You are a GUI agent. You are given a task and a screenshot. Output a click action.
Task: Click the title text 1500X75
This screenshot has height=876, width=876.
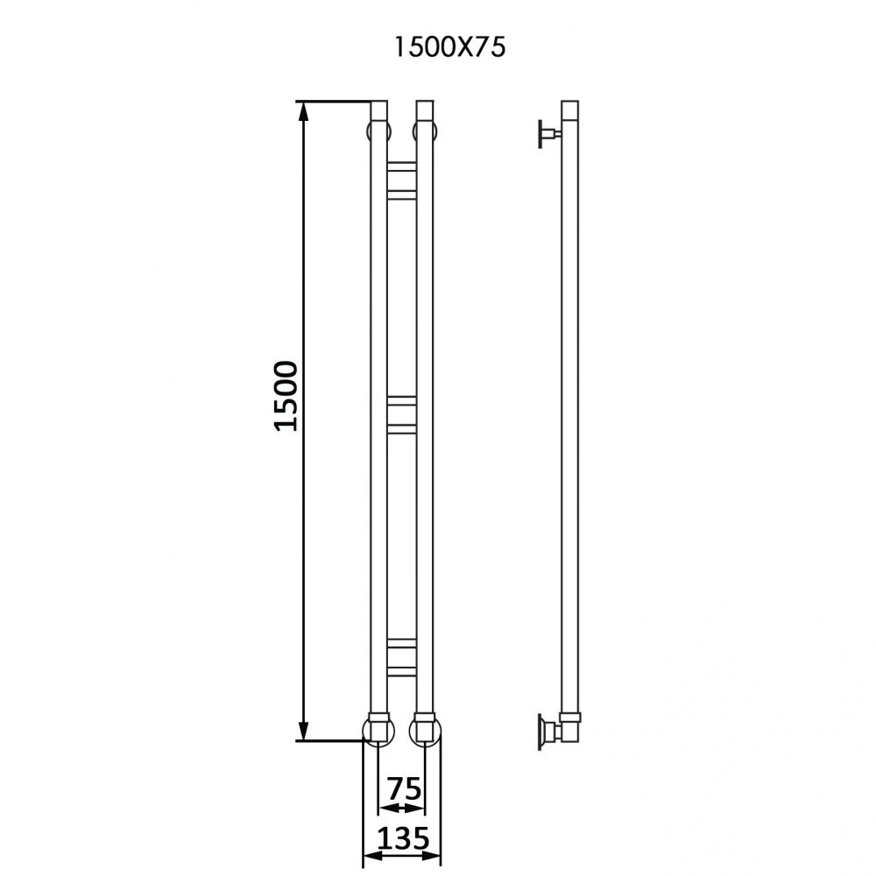[449, 47]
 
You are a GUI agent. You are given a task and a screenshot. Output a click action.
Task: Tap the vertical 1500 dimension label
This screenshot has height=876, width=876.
[286, 396]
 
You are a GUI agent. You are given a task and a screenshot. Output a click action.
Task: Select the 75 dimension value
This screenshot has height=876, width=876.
[405, 789]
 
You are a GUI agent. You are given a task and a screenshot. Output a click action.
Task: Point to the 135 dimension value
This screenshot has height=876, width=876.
[403, 838]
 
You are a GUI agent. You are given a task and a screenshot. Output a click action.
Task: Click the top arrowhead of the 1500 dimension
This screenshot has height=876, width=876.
[303, 112]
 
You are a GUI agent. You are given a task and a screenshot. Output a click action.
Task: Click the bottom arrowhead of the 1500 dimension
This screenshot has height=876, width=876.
[303, 731]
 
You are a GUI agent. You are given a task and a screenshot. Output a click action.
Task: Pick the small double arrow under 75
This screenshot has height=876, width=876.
[401, 808]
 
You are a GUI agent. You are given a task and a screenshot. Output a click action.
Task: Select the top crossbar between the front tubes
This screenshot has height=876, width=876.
[402, 180]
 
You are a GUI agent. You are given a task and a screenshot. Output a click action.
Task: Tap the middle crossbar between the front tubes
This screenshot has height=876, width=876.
[402, 414]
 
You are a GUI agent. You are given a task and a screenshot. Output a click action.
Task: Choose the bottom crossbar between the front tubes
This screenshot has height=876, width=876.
[402, 658]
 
